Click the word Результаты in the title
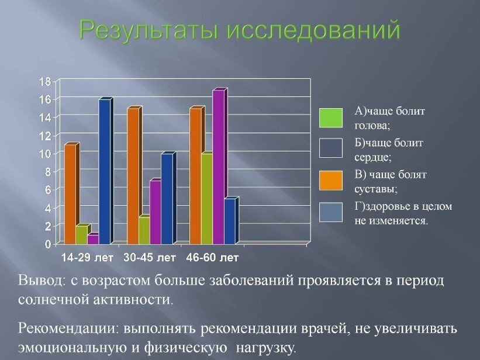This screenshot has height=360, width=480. coord(150,30)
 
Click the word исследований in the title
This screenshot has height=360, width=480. coord(313,30)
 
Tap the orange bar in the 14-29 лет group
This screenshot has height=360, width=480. coord(70,193)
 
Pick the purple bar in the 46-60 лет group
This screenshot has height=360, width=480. coord(219,167)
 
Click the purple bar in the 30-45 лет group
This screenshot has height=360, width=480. coord(155,212)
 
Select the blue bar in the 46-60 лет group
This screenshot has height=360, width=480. coord(230,221)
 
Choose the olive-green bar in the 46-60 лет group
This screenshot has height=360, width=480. coord(206,198)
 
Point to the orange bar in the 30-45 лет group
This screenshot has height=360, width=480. coord(133,175)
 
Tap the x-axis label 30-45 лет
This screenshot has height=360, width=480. coord(150,257)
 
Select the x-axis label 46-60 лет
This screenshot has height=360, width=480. coord(212,257)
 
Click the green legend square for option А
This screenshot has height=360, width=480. coord(330,117)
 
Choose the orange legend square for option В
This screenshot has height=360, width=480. coord(330,180)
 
